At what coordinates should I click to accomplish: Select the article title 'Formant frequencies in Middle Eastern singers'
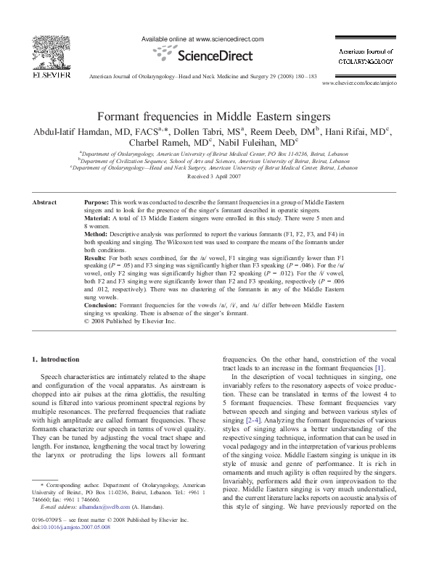pos(214,116)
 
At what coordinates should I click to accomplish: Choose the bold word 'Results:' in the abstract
pos(97,258)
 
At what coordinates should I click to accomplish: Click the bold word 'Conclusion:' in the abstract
pos(102,304)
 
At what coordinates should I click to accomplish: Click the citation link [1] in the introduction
pos(379,368)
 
